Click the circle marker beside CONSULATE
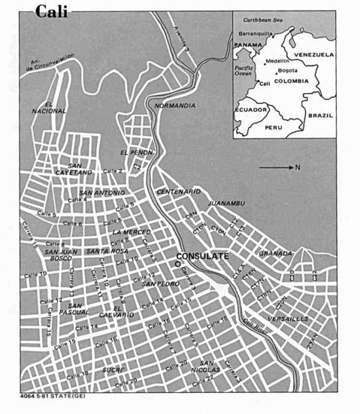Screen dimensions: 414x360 tap(178, 263)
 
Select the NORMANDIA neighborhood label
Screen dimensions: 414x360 tap(175, 105)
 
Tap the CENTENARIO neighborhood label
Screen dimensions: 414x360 tap(179, 192)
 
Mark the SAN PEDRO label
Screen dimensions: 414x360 tap(159, 284)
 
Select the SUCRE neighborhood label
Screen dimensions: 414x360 tap(113, 370)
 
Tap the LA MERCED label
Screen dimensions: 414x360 tap(132, 232)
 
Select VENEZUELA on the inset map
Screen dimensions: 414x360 tap(313, 55)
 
